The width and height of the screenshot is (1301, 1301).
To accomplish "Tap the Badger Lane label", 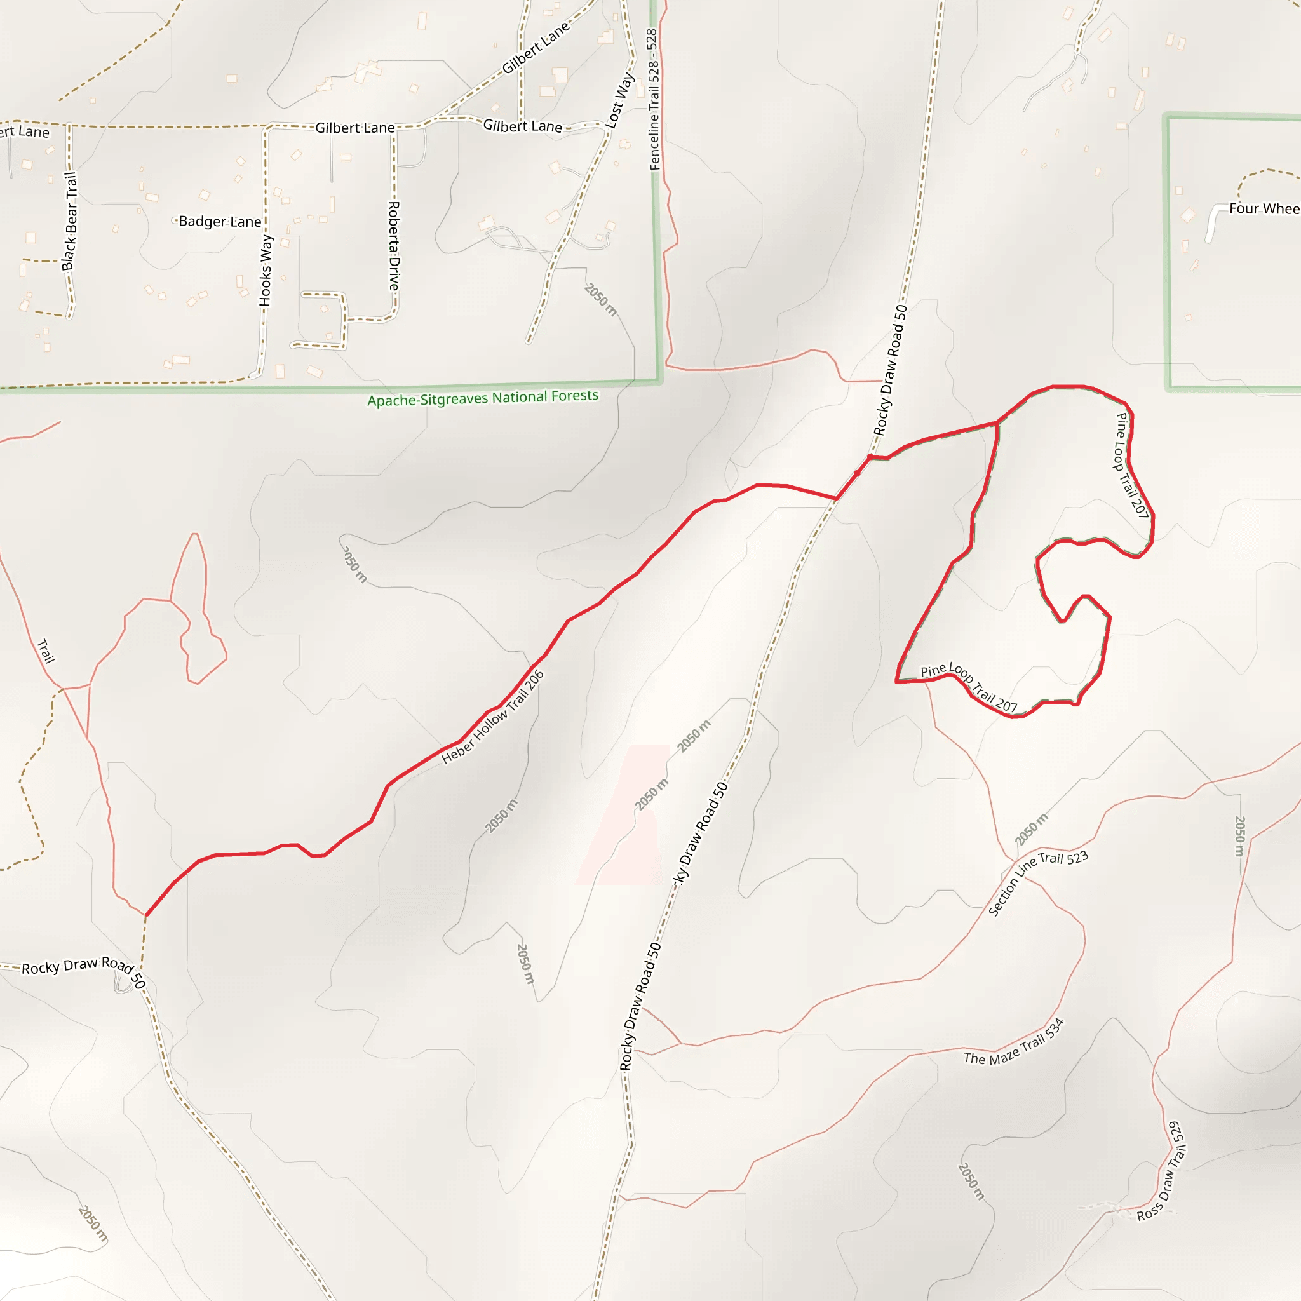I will [220, 222].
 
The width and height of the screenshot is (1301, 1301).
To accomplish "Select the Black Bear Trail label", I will [69, 221].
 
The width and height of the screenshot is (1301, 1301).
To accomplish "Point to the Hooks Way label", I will [266, 270].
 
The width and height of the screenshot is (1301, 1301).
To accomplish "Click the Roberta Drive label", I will [394, 246].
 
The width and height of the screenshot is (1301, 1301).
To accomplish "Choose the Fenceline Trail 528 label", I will [652, 99].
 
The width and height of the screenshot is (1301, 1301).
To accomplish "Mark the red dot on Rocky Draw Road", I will [870, 457].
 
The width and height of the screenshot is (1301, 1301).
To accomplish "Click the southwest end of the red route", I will [146, 915].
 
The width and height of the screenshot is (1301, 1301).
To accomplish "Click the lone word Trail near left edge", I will [46, 651].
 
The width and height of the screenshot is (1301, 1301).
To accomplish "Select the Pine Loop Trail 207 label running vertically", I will [1131, 464].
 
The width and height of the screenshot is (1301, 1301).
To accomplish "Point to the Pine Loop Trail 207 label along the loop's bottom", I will [969, 687].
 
